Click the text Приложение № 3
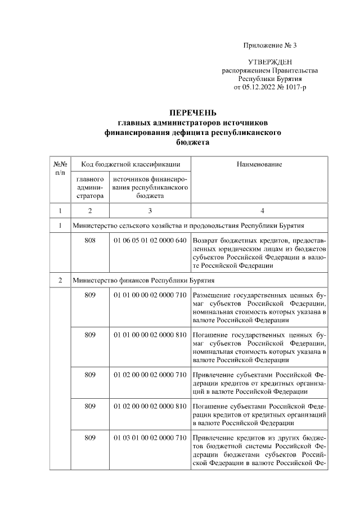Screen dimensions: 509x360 click(269, 45)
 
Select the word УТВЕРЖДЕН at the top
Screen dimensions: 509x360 click(269, 61)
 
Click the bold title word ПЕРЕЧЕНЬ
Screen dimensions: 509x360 click(193, 113)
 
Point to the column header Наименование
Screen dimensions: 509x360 click(259, 164)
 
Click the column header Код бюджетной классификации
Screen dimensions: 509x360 click(130, 164)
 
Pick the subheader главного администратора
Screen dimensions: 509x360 click(90, 187)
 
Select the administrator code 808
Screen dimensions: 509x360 click(90, 241)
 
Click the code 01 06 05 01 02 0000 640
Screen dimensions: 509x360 click(150, 241)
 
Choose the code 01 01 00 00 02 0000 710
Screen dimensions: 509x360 click(150, 295)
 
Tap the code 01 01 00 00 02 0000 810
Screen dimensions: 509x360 click(150, 335)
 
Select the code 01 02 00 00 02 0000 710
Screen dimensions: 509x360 click(150, 374)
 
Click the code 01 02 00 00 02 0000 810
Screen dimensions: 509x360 click(150, 406)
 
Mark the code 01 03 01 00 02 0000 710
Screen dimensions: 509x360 click(150, 438)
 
